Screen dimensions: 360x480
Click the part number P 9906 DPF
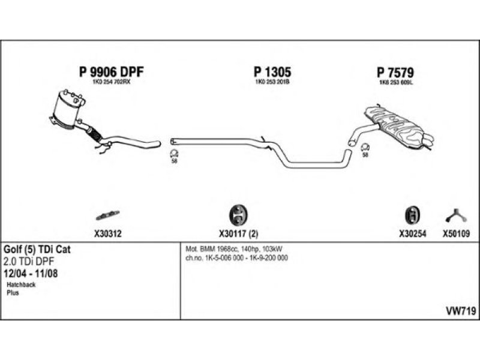[112, 72]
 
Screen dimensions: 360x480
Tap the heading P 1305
[272, 72]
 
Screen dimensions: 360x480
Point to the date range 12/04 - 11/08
[34, 273]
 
